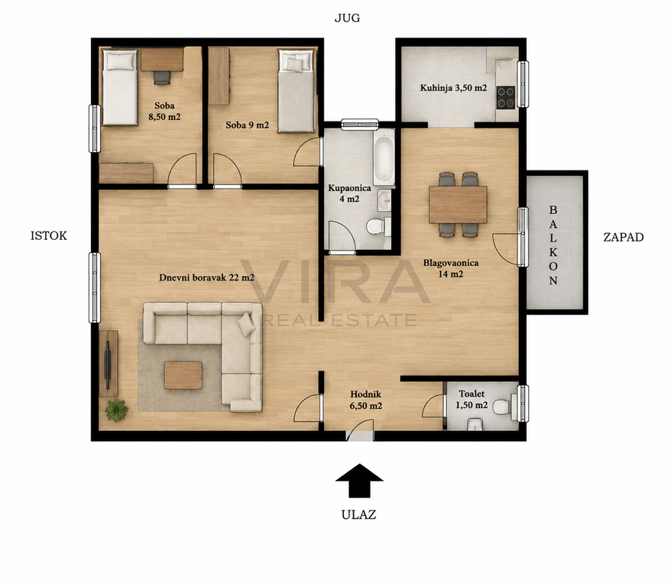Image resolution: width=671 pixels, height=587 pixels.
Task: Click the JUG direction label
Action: tap(347, 18)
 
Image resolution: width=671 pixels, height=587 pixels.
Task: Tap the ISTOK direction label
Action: tap(49, 235)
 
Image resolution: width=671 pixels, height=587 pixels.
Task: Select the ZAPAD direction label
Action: tap(624, 238)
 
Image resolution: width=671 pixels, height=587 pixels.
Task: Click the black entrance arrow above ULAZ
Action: tap(359, 481)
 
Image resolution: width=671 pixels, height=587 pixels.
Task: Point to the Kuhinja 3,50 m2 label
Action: tap(454, 88)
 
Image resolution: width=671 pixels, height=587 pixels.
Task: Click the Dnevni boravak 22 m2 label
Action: tap(206, 277)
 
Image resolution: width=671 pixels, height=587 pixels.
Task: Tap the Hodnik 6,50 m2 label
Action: tap(366, 400)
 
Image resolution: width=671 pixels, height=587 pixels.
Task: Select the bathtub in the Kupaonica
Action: tap(384, 157)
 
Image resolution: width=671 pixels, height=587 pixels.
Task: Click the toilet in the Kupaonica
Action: tap(379, 226)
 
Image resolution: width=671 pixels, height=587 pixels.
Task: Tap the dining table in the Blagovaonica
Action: tap(458, 205)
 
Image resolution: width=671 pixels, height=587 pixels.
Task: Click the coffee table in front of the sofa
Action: tap(183, 375)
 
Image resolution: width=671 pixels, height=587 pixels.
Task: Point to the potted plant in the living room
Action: tap(117, 410)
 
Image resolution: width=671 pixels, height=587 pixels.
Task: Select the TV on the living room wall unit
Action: tap(108, 360)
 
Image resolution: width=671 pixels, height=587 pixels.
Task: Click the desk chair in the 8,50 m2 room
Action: tap(162, 77)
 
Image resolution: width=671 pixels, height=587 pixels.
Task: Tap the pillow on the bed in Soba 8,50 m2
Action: tap(120, 61)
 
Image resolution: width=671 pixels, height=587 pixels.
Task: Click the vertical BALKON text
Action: tap(553, 245)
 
